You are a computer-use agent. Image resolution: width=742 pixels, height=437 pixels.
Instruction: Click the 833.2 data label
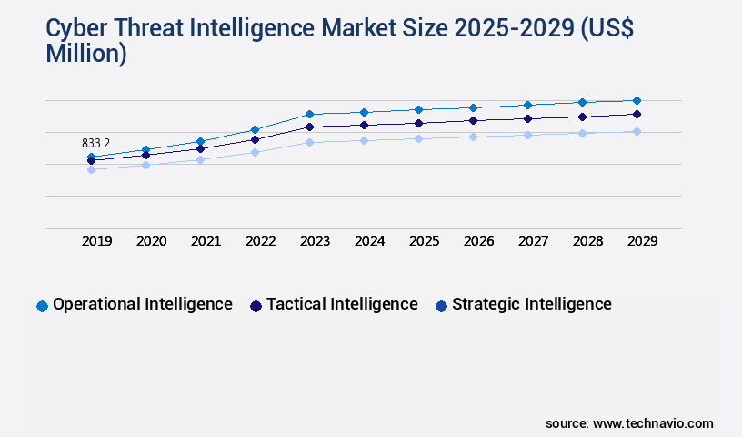point(95,143)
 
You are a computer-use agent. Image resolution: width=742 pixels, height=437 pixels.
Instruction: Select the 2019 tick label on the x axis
point(97,241)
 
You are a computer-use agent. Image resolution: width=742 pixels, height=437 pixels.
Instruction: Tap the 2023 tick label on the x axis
point(316,241)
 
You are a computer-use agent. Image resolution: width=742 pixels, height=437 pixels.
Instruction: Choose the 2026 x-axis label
point(479,241)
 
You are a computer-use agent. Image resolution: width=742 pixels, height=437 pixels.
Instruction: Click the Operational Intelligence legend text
point(143,304)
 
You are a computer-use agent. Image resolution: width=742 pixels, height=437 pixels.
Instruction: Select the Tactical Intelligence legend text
point(342,304)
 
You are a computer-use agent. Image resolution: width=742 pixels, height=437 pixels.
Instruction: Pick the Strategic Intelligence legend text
point(532,304)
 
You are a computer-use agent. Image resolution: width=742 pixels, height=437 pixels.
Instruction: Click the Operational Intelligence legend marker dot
point(42,306)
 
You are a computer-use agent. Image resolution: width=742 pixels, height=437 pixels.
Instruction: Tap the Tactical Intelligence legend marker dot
point(256,306)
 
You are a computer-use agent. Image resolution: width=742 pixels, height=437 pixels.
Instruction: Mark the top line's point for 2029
point(637,100)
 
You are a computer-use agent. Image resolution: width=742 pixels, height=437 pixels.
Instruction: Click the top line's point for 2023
point(309,114)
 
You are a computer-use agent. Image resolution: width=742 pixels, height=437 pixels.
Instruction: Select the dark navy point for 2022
point(255,139)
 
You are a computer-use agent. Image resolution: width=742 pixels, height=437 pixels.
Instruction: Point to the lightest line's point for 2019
point(91,169)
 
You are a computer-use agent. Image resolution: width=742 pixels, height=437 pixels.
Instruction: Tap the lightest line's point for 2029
point(637,131)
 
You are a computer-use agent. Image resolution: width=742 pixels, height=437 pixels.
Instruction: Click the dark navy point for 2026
point(473,120)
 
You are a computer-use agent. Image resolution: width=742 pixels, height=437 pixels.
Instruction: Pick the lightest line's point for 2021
point(200,159)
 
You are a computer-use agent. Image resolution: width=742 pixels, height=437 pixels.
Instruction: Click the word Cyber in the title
point(75,29)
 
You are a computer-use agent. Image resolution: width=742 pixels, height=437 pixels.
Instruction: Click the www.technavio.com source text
point(653,423)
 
